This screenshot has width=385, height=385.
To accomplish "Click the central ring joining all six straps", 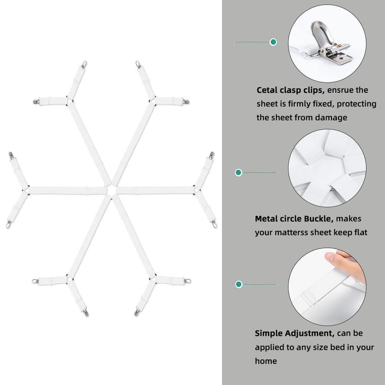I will pyautogui.click(x=110, y=189).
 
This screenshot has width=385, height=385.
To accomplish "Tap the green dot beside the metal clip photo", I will pyautogui.click(x=273, y=42).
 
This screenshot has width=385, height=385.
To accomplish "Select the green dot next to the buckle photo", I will pyautogui.click(x=239, y=172).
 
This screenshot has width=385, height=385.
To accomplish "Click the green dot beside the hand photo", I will pyautogui.click(x=239, y=284).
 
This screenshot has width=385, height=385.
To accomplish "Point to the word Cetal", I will pyautogui.click(x=268, y=90).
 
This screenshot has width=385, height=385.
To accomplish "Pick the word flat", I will pyautogui.click(x=360, y=233).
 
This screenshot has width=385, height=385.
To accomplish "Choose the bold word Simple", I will pyautogui.click(x=269, y=333).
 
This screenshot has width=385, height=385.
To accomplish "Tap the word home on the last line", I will pyautogui.click(x=266, y=361).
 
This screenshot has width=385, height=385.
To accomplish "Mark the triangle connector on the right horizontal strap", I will pyautogui.click(x=196, y=189).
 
